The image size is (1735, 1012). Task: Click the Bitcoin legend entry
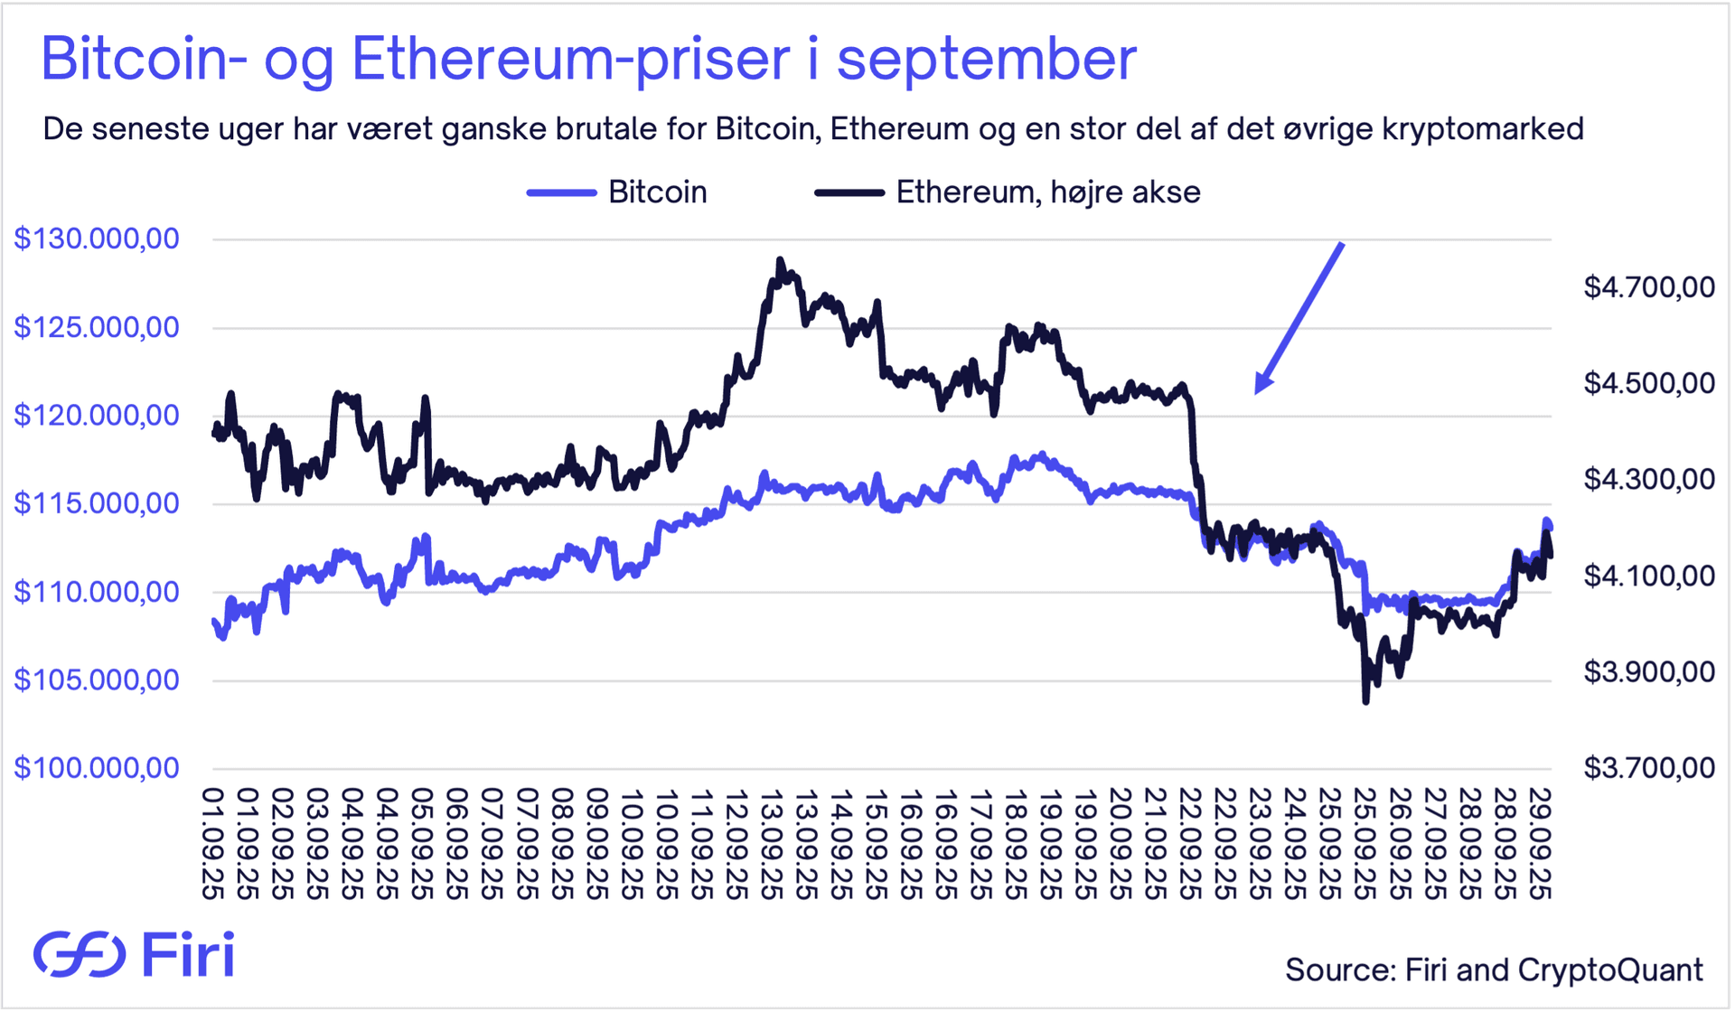(617, 192)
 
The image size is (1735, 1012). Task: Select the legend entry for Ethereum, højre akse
(1008, 192)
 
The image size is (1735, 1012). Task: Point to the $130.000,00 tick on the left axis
(97, 239)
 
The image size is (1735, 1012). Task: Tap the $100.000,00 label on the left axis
(97, 768)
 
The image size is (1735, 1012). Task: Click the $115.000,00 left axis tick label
(97, 503)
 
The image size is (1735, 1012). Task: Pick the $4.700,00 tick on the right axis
(1649, 287)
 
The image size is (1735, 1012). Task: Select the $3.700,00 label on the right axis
(1649, 768)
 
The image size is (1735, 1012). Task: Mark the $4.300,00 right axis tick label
(1649, 479)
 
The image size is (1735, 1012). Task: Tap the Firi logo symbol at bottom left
(80, 954)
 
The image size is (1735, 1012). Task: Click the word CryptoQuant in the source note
(1610, 970)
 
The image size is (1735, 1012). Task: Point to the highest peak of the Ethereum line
(780, 260)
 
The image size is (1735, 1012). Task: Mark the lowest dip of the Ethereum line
(1365, 700)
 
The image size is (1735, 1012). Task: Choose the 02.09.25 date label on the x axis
(282, 844)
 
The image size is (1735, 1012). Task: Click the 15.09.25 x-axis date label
(875, 844)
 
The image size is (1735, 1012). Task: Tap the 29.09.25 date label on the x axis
(1539, 844)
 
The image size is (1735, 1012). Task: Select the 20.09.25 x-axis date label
(1120, 844)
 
